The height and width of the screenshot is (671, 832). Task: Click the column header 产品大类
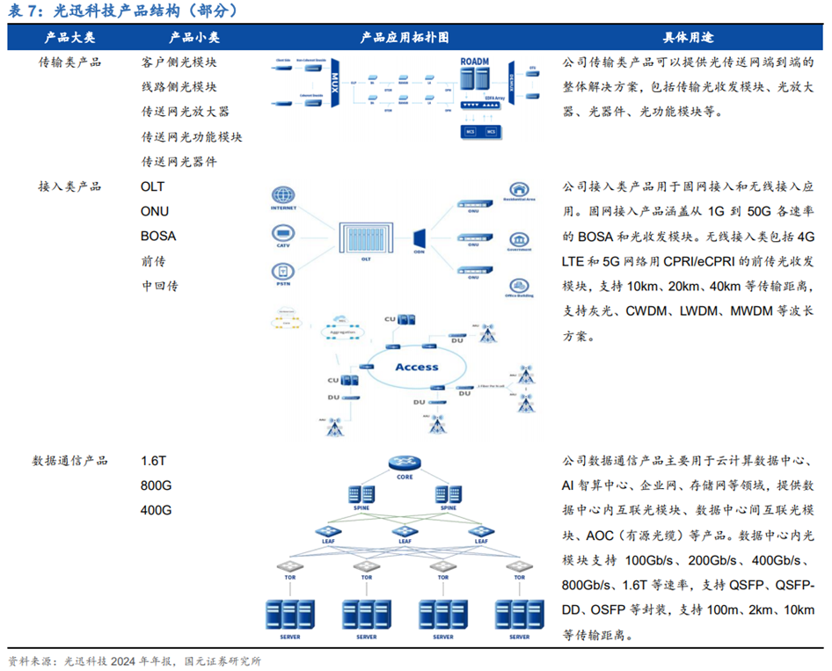click(x=70, y=38)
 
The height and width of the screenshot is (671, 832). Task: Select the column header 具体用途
click(x=688, y=38)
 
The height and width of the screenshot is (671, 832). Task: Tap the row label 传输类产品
click(x=70, y=62)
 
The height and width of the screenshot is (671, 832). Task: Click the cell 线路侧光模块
click(x=179, y=87)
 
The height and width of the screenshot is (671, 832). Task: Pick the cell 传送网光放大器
click(x=186, y=112)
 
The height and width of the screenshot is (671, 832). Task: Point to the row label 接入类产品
click(x=70, y=186)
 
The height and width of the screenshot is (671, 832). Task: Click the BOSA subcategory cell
click(x=158, y=236)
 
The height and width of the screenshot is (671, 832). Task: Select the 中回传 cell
click(x=160, y=286)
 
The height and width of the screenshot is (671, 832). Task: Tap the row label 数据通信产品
click(x=70, y=460)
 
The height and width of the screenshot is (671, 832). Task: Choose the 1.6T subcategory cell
click(x=154, y=460)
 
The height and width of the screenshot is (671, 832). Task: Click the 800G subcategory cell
click(x=157, y=485)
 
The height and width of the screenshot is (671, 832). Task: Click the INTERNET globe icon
click(x=283, y=196)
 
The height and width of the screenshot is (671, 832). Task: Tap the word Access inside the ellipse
click(x=416, y=367)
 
